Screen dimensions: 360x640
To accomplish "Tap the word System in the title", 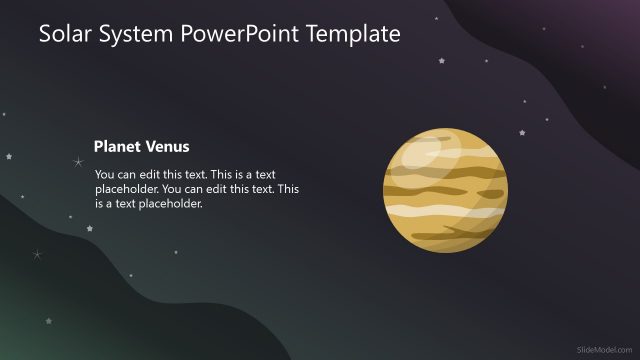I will pos(143,35).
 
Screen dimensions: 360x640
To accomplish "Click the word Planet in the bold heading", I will pos(117,146).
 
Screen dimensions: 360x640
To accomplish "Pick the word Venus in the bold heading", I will pos(167,146).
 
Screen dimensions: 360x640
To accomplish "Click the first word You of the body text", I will pos(105,173).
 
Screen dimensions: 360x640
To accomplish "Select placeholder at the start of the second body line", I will pos(126,188).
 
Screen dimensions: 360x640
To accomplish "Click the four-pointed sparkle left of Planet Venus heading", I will pos(78,161).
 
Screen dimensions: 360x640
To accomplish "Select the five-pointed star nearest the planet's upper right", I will pos(521,133).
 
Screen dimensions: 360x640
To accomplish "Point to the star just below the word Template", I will pos(440,60).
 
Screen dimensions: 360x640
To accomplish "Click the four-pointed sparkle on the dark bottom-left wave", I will pos(37,255).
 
